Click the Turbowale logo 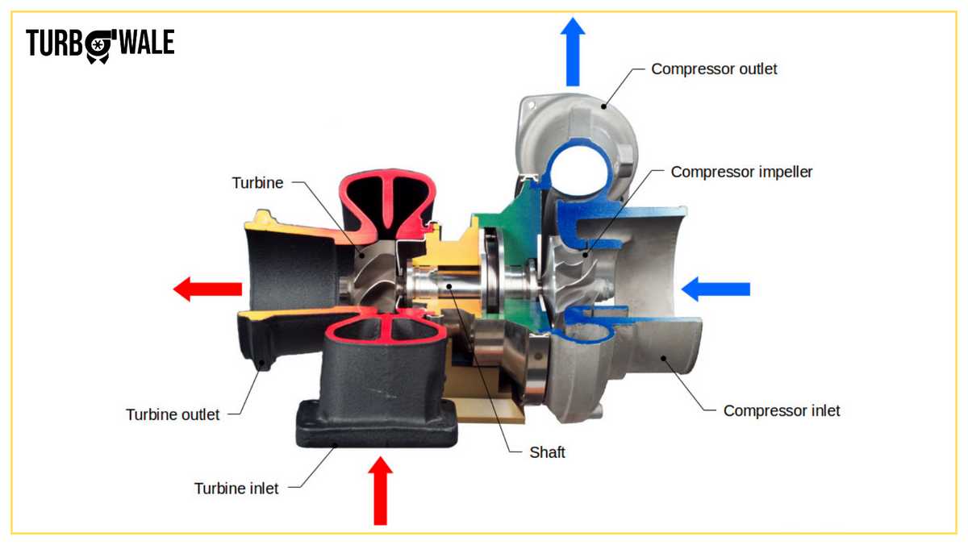100,44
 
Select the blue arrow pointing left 716,288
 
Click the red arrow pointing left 207,288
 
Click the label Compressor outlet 714,69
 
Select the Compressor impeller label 741,172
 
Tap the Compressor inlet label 781,410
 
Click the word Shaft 547,452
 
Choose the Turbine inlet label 236,488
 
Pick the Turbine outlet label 173,414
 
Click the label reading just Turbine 257,183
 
